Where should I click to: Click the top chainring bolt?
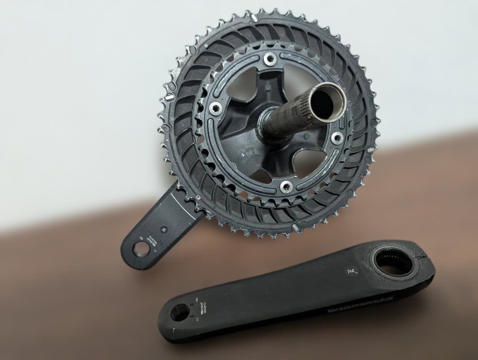click(x=270, y=58)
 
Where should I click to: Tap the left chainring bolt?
click(x=216, y=108)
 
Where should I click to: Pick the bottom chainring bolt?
click(x=286, y=186)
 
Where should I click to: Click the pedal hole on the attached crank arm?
click(x=141, y=249)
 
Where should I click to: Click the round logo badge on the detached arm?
click(x=351, y=271)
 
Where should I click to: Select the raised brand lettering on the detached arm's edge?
click(x=361, y=305)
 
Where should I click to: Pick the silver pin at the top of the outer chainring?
click(x=254, y=17)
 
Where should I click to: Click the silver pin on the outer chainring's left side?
click(x=170, y=97)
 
